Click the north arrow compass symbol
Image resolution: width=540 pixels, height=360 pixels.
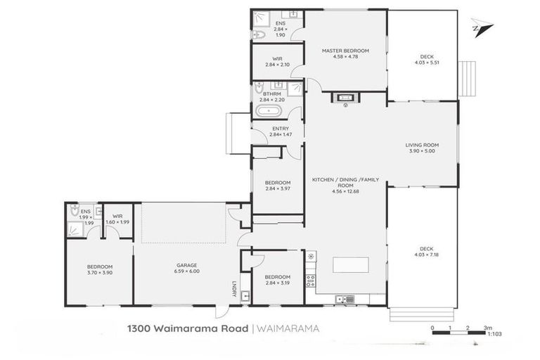coord(482,27)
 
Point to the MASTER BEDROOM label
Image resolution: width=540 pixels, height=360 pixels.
coord(345,51)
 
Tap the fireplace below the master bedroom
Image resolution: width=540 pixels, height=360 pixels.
coord(346,98)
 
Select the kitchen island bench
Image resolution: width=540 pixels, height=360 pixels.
coord(350,266)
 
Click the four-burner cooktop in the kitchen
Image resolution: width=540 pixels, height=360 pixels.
coord(310,281)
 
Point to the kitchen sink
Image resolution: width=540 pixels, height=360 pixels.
coord(345,300)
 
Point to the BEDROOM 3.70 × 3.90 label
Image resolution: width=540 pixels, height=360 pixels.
coord(99,270)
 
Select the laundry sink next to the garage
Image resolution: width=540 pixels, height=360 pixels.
coord(245,296)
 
